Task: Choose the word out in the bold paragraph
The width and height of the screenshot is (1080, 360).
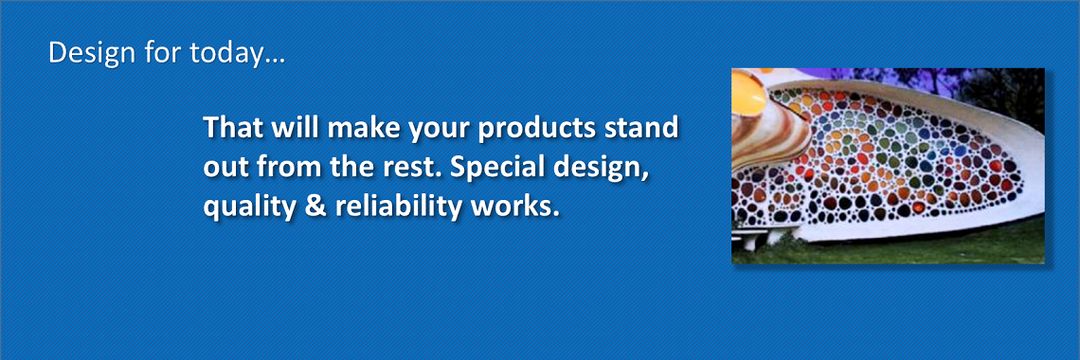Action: click(225, 168)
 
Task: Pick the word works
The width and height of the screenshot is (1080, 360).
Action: click(518, 207)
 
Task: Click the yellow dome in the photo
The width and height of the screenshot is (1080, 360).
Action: click(749, 92)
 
